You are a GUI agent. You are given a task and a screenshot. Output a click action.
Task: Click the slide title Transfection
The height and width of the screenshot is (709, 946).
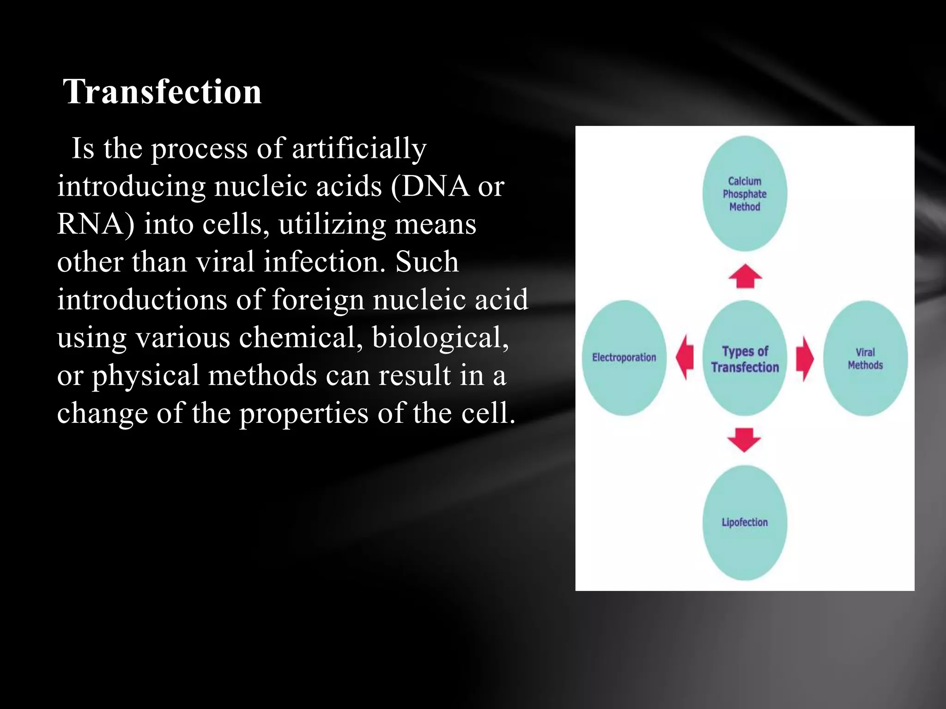[x=162, y=91]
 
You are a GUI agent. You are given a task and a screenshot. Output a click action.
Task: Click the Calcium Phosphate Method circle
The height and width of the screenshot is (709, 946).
[x=745, y=194]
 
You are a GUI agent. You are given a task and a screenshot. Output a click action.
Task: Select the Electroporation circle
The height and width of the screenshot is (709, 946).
[x=624, y=358]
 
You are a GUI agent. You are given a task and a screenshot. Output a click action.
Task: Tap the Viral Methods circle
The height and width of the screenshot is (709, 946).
[x=865, y=359]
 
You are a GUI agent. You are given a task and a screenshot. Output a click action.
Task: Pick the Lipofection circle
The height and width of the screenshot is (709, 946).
[x=745, y=523]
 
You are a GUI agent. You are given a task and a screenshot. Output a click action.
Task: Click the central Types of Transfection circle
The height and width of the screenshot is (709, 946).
[x=745, y=359]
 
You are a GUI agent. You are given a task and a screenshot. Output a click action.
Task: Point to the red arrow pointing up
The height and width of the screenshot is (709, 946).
[x=745, y=276]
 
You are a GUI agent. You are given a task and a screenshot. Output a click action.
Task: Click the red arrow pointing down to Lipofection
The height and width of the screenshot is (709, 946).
[x=744, y=439]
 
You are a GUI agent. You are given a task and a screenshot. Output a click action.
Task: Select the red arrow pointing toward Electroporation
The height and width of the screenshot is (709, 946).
[x=685, y=357]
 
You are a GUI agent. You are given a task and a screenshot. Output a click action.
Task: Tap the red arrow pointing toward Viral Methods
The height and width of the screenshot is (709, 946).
[x=805, y=358]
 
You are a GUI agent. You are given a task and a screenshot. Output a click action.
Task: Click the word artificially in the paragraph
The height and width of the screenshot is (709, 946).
[x=359, y=149]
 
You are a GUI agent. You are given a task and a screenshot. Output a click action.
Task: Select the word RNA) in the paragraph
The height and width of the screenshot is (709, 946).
[x=96, y=224]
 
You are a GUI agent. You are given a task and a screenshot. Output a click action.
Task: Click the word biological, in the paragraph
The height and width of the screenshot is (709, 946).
[x=440, y=337]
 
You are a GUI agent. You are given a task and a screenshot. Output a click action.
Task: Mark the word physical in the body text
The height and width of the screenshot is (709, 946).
[x=145, y=376]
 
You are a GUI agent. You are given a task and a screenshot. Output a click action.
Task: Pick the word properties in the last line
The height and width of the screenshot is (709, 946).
[x=303, y=413]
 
